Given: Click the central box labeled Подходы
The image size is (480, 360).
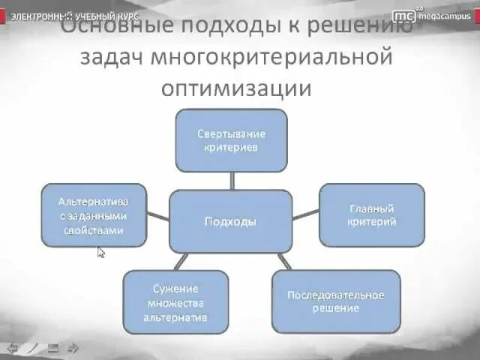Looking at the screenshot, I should click(x=230, y=222).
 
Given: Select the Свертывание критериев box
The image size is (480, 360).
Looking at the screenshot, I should click(x=231, y=140).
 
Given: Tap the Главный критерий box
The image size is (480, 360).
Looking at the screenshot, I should click(x=372, y=214).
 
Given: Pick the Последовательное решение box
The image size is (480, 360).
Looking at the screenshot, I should click(x=335, y=301).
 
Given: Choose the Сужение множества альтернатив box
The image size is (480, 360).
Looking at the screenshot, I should click(x=175, y=301).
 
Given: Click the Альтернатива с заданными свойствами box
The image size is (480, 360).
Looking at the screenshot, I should click(x=93, y=215).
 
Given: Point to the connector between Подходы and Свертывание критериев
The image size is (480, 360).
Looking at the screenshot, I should click(x=232, y=181).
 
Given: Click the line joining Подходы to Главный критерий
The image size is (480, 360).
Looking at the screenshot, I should click(x=305, y=214).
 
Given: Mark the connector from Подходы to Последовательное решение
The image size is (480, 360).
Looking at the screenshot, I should click(x=283, y=261).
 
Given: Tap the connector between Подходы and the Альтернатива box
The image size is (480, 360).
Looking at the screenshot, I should click(x=157, y=217).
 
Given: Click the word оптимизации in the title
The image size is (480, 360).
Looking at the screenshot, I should click(x=235, y=88).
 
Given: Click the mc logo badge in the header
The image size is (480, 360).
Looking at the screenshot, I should click(x=404, y=14).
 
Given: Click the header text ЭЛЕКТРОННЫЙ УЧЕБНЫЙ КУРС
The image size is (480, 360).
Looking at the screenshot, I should click(x=74, y=15).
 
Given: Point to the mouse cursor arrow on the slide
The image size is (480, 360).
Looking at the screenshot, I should click(x=101, y=252).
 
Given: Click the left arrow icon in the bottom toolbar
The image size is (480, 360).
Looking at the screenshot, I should click(x=13, y=347).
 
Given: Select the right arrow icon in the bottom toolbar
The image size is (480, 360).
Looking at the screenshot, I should click(x=73, y=347).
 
